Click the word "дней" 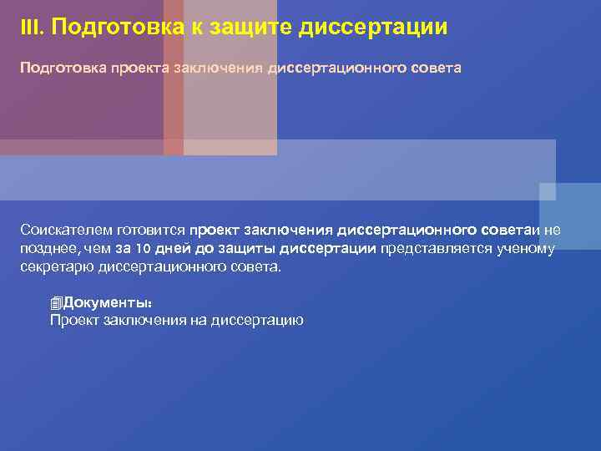coord(174,249)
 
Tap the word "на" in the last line coord(198,321)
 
